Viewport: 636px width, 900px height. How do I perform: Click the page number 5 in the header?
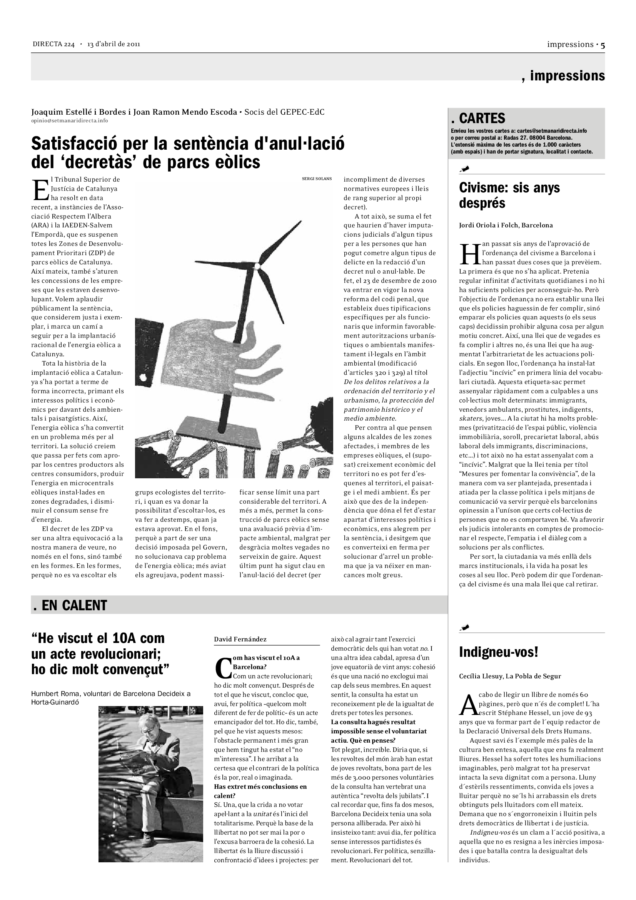tap(602, 45)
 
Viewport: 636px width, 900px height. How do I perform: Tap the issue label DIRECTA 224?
tap(53, 44)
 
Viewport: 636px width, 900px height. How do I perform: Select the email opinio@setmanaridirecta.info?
tap(69, 120)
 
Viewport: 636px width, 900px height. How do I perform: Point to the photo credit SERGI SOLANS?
tap(317, 179)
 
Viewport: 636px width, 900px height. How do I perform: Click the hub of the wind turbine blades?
tap(258, 266)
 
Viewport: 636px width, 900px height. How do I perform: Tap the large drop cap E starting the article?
tap(40, 190)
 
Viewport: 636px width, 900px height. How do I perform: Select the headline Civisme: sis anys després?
tap(509, 195)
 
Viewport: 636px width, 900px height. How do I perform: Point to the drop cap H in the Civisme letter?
tap(469, 254)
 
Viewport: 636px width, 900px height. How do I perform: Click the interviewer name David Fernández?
tap(240, 640)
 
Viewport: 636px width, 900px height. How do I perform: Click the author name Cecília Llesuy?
tap(481, 676)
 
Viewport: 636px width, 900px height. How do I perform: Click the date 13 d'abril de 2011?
tap(114, 44)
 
